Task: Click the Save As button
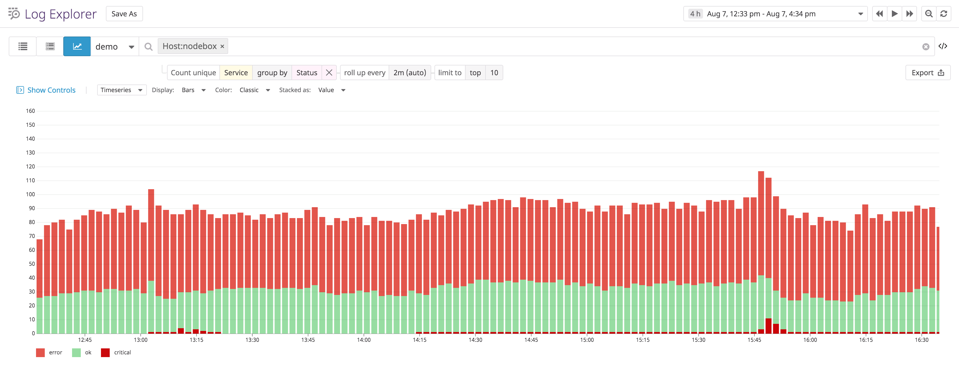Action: (124, 14)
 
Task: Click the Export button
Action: (927, 73)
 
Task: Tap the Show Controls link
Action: (51, 90)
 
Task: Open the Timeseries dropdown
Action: (121, 90)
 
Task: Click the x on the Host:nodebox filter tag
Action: (222, 46)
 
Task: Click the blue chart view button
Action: (77, 46)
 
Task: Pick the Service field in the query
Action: (236, 73)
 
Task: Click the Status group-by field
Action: (306, 73)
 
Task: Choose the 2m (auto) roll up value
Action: (410, 73)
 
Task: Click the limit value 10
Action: (494, 73)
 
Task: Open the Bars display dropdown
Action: (193, 90)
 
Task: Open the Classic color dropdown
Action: (254, 90)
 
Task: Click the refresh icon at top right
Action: (943, 14)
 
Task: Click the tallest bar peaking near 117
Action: (761, 223)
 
